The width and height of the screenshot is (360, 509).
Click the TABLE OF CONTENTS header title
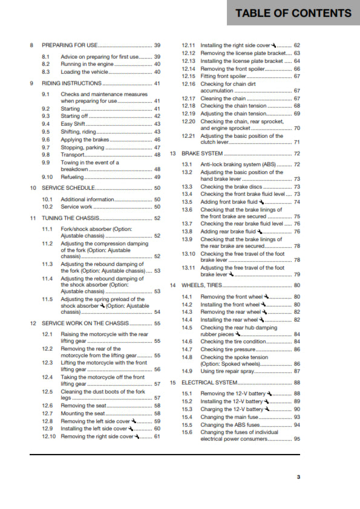click(293, 13)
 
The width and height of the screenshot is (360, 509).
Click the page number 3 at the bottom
click(298, 477)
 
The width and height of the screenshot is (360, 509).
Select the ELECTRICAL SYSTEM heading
click(209, 383)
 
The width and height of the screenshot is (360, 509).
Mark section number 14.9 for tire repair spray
click(187, 371)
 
